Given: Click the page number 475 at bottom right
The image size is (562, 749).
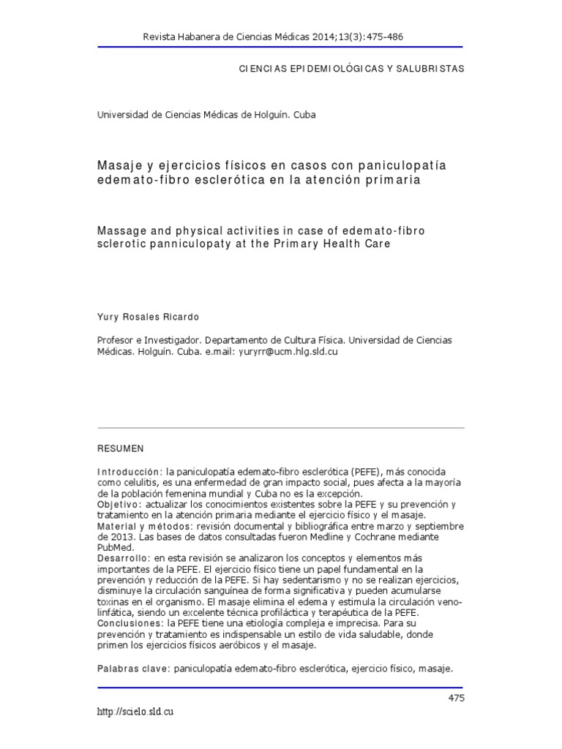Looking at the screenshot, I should pyautogui.click(x=456, y=698).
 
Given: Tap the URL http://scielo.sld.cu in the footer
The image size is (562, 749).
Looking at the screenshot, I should pyautogui.click(x=135, y=712).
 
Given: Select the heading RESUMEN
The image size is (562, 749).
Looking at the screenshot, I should pyautogui.click(x=121, y=448).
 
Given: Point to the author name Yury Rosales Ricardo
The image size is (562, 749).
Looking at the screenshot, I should pyautogui.click(x=148, y=317).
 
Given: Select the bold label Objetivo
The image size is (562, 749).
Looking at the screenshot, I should pyautogui.click(x=120, y=505).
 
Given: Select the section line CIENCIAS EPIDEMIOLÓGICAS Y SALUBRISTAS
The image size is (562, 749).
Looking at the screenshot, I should pyautogui.click(x=352, y=68).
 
